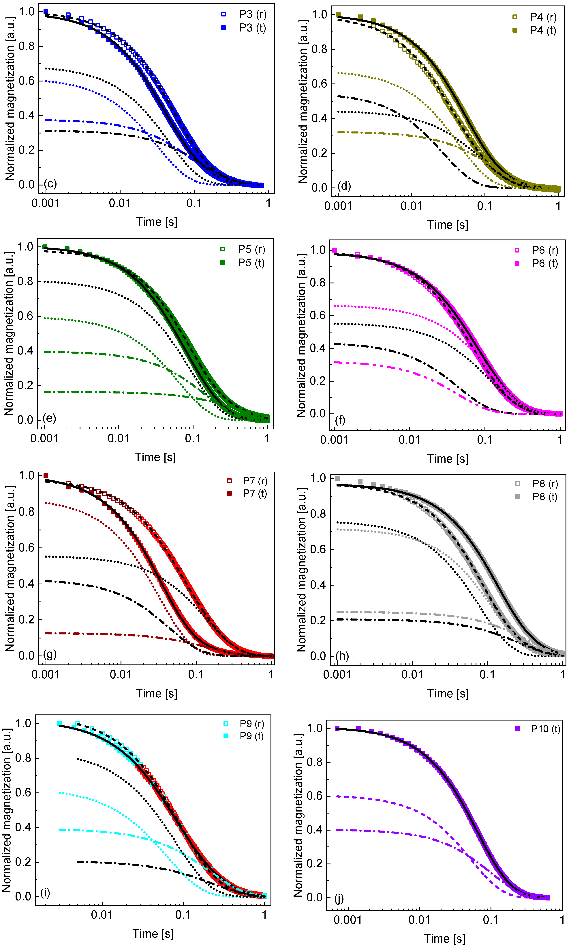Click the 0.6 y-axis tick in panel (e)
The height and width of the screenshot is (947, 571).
pos(25,316)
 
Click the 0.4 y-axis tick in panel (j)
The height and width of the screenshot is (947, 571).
pos(315,829)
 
